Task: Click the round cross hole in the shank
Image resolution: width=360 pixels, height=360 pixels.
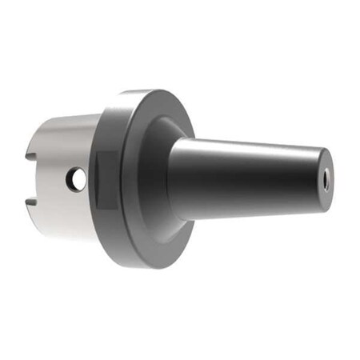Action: point(76,180)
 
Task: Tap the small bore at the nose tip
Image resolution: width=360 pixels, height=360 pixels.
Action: point(326,181)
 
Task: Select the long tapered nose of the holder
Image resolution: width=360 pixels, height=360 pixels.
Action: point(248,178)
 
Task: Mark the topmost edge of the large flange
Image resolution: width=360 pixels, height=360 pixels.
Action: point(148,90)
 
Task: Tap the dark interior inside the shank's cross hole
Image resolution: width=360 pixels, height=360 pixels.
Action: point(77,181)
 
